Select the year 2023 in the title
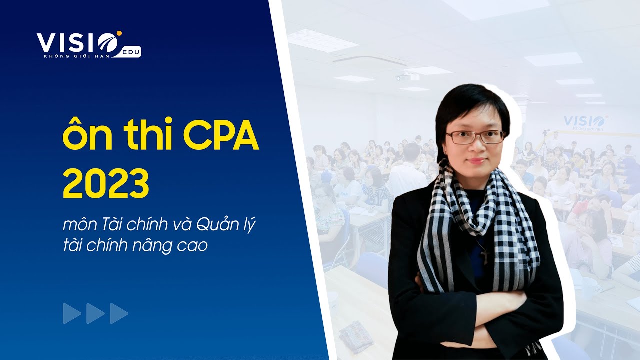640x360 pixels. point(106,184)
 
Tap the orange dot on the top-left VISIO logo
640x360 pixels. point(120,34)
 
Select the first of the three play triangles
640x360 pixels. point(71,313)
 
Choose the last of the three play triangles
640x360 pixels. point(118,313)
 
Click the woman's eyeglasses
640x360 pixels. point(475,136)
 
